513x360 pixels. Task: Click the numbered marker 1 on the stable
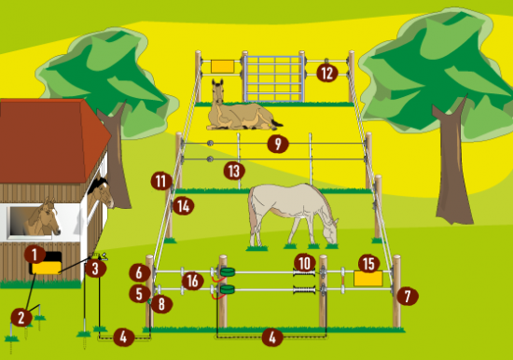point(35,255)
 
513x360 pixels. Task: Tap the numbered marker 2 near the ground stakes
point(21,317)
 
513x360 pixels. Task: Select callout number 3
point(95,269)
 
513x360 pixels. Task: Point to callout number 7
point(408,296)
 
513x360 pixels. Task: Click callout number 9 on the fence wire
point(278,144)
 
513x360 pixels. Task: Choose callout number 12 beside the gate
point(326,73)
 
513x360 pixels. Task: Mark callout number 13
point(234,171)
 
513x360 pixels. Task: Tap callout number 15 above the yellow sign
point(369,263)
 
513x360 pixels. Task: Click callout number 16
point(193,281)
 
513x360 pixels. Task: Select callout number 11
point(161,181)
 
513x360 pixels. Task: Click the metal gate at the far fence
point(274,78)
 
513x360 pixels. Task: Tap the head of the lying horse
point(218,89)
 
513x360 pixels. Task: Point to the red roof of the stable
point(49,141)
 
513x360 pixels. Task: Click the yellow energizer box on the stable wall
point(47,268)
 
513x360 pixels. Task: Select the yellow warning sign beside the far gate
point(223,66)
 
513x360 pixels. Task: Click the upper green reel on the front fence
point(228,271)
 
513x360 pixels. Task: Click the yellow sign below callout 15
point(368,278)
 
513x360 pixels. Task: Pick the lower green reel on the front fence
point(228,289)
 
